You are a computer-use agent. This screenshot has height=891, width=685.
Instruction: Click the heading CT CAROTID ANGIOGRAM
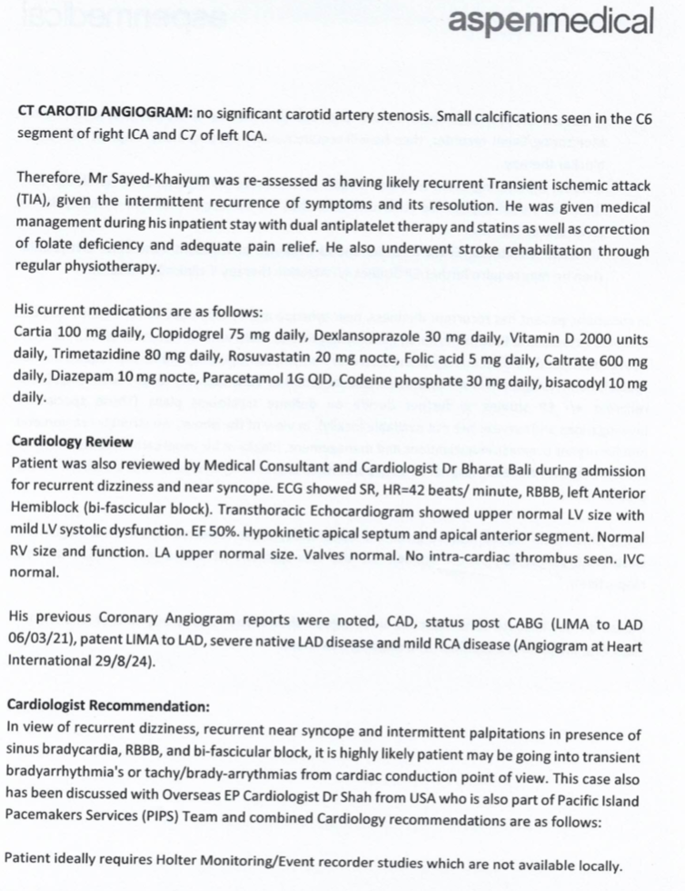104,115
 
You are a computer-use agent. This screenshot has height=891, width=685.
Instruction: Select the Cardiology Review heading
73,441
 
